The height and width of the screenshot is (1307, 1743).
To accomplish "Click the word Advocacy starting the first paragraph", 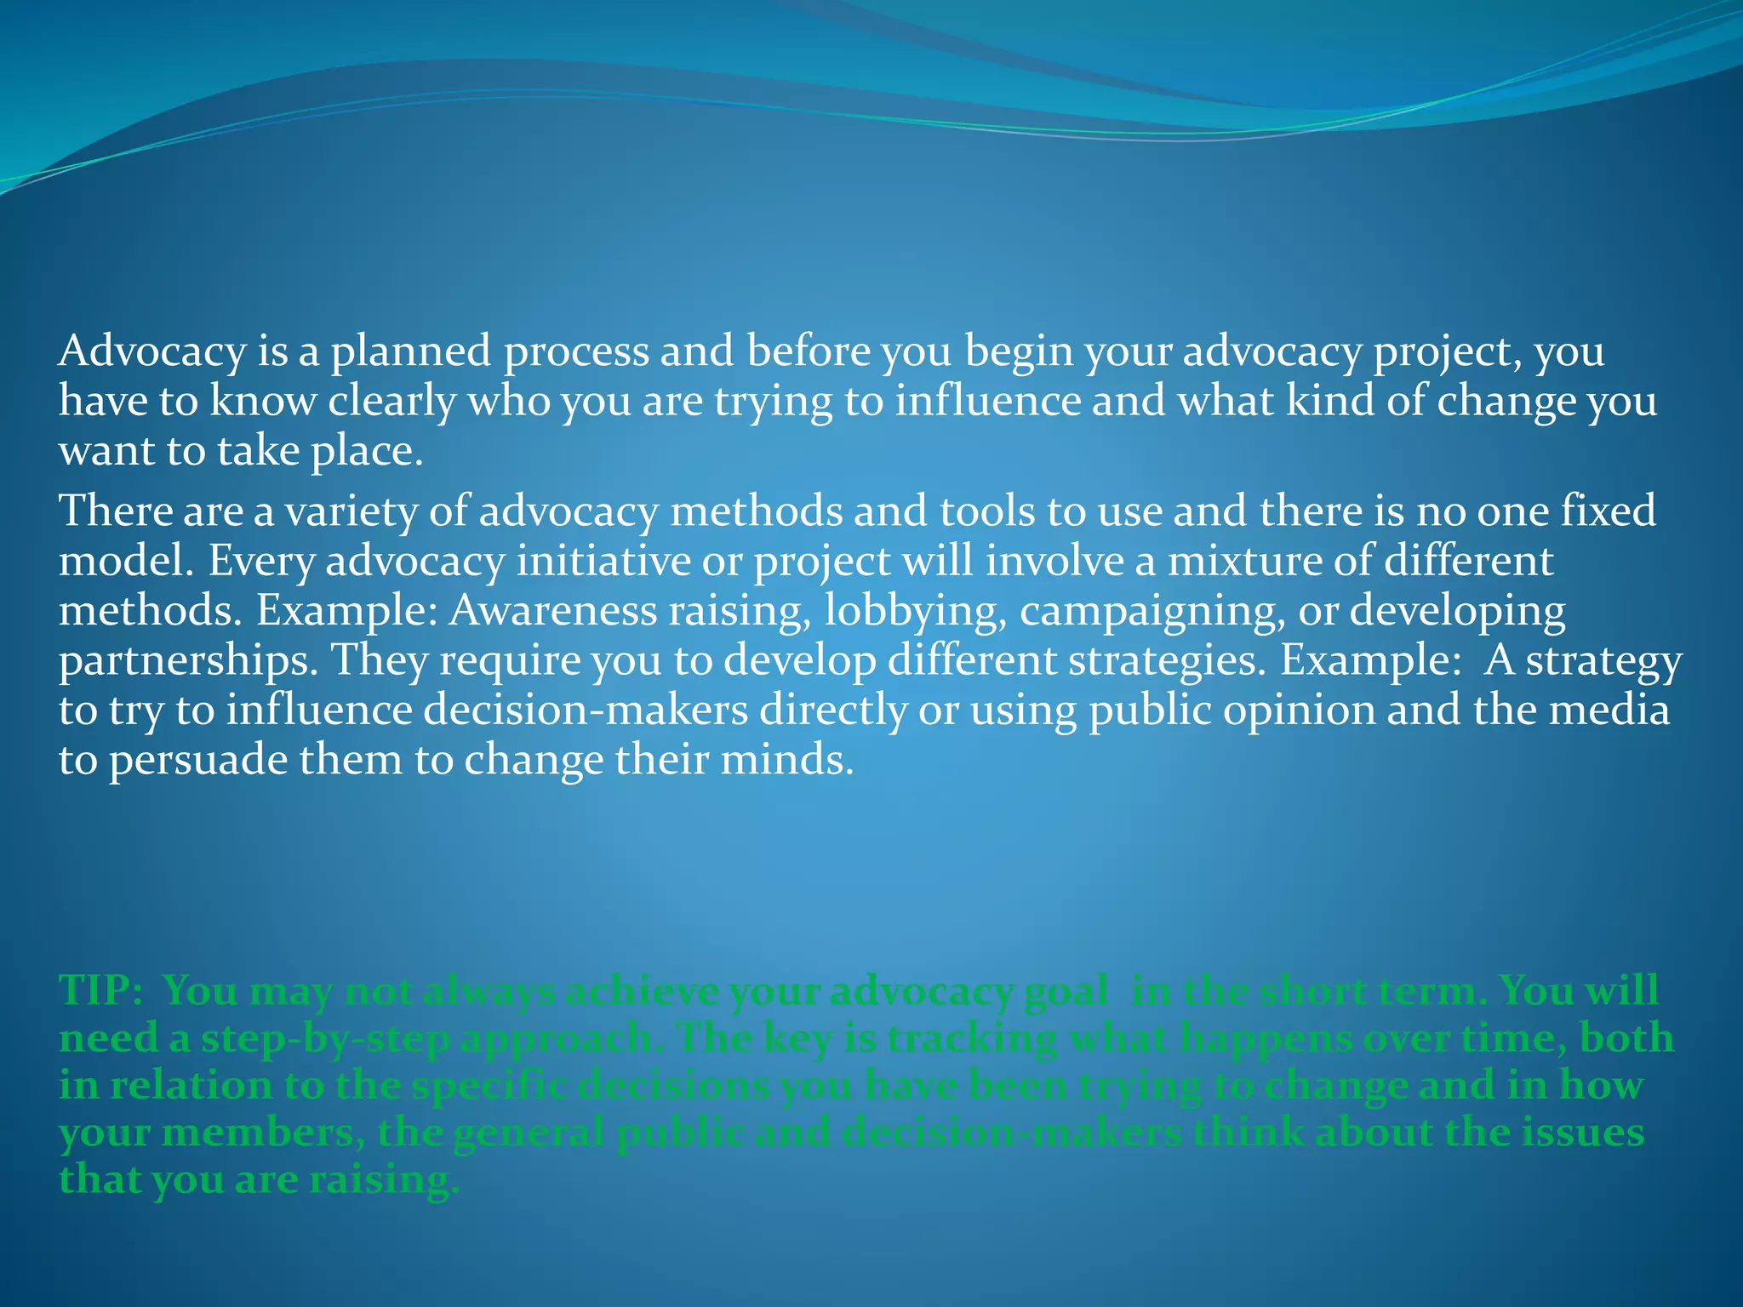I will click(151, 351).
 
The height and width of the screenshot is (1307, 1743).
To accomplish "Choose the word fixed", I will click(1608, 511).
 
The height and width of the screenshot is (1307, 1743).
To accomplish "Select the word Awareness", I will click(553, 611).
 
